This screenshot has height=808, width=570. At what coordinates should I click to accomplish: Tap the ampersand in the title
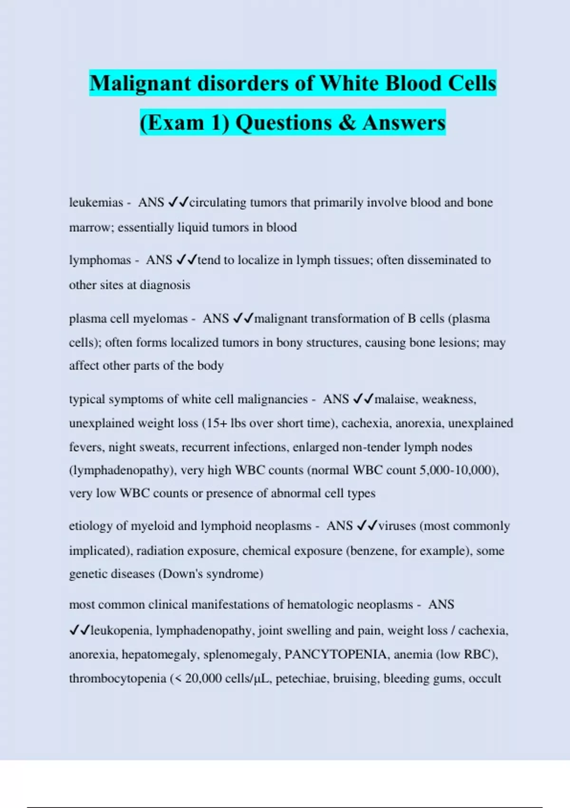(348, 123)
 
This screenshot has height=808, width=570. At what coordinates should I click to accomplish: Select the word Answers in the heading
(404, 123)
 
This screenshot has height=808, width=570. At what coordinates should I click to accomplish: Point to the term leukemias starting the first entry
(96, 202)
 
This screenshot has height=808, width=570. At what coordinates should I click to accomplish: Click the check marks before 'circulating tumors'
(179, 202)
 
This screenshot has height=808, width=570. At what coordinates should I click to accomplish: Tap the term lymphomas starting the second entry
(100, 260)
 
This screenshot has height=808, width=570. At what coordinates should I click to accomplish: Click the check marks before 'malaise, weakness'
(364, 399)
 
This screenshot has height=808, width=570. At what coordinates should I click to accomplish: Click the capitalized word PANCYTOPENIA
(335, 654)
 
